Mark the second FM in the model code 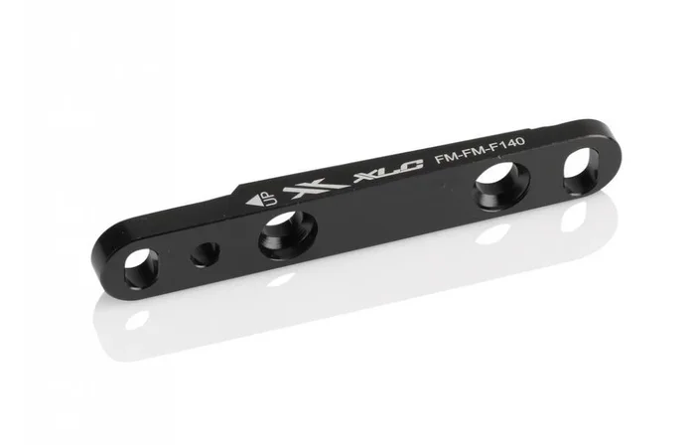click(x=472, y=156)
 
